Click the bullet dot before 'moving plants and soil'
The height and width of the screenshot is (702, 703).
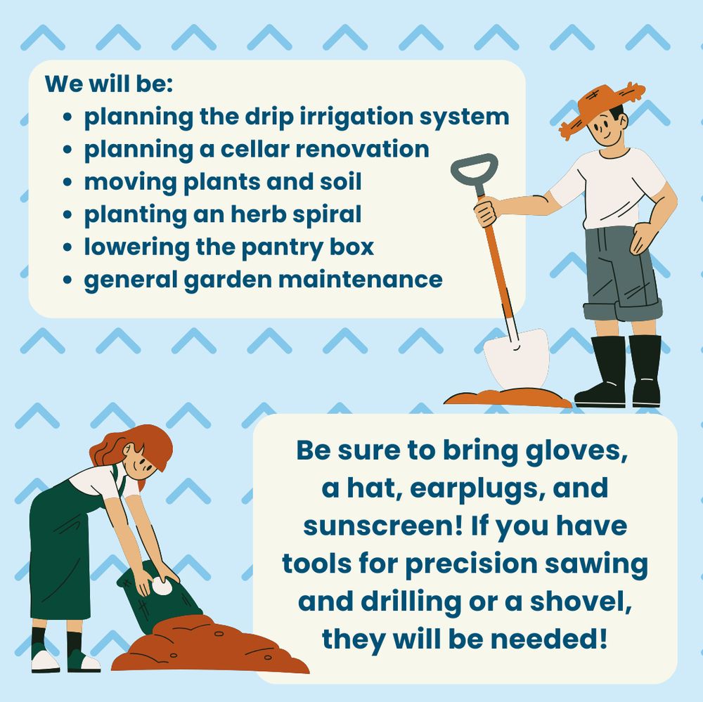tap(67, 182)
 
